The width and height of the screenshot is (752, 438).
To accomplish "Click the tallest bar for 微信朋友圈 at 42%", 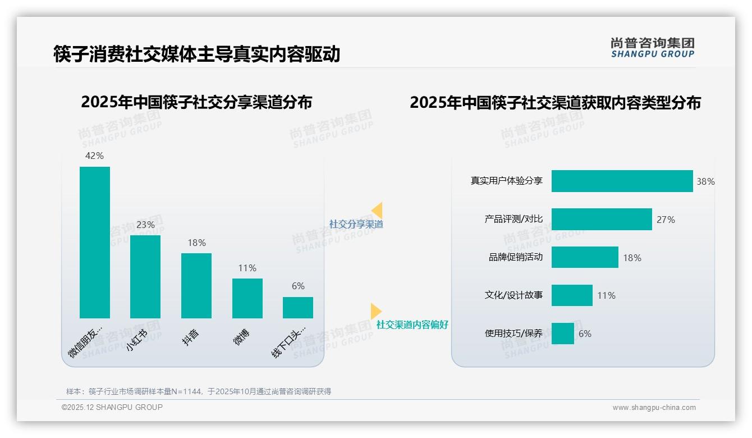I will [95, 242].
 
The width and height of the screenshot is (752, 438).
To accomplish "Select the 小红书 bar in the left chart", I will [145, 276].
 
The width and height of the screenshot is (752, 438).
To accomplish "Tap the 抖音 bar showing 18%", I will [196, 285].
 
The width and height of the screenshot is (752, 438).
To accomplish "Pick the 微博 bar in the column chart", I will [247, 298].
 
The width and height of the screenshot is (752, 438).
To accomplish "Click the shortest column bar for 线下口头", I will [298, 308].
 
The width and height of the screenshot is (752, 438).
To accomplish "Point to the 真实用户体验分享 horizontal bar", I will [622, 181].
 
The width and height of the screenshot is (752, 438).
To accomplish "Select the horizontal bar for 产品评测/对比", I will [602, 220].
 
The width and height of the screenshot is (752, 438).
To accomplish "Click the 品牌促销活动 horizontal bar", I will [585, 257].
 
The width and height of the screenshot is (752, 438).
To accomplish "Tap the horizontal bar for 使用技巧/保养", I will [562, 334].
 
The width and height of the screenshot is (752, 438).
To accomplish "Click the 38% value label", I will [705, 182].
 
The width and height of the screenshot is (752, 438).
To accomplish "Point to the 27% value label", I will [666, 220].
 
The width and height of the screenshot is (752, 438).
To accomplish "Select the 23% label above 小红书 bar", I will [145, 225].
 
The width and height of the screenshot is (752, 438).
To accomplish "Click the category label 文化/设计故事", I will [513, 295].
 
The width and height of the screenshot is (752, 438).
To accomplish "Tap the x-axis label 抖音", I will [191, 337].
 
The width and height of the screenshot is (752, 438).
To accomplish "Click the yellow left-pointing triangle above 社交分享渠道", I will [377, 210].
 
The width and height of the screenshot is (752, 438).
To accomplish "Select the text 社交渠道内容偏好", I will [412, 325].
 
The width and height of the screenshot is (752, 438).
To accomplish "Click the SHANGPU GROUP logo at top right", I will [653, 48].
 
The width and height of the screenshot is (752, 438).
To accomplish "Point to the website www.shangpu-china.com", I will [654, 408].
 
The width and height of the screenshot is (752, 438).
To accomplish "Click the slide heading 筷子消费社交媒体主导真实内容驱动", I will [196, 54].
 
